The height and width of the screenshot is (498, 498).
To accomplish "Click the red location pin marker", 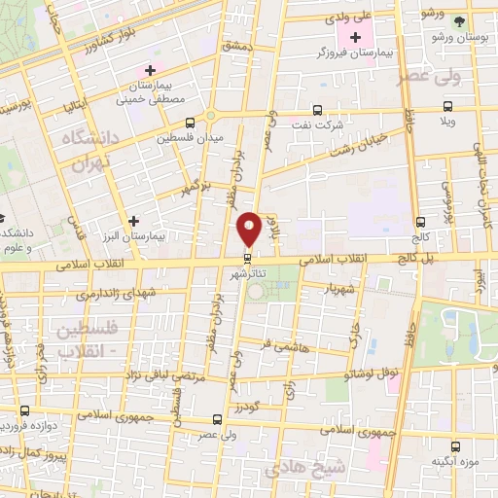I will [249, 228].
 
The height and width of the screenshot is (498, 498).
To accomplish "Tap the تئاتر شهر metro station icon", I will [248, 258].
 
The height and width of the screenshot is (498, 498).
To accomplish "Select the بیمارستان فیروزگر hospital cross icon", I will [356, 36].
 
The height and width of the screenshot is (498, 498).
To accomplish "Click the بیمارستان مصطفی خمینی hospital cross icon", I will [150, 70].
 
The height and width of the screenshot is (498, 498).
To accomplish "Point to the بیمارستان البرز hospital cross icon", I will [134, 222].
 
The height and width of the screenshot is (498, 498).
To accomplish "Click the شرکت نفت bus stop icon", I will [317, 110].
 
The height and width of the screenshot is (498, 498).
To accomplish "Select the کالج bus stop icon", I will [419, 223].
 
